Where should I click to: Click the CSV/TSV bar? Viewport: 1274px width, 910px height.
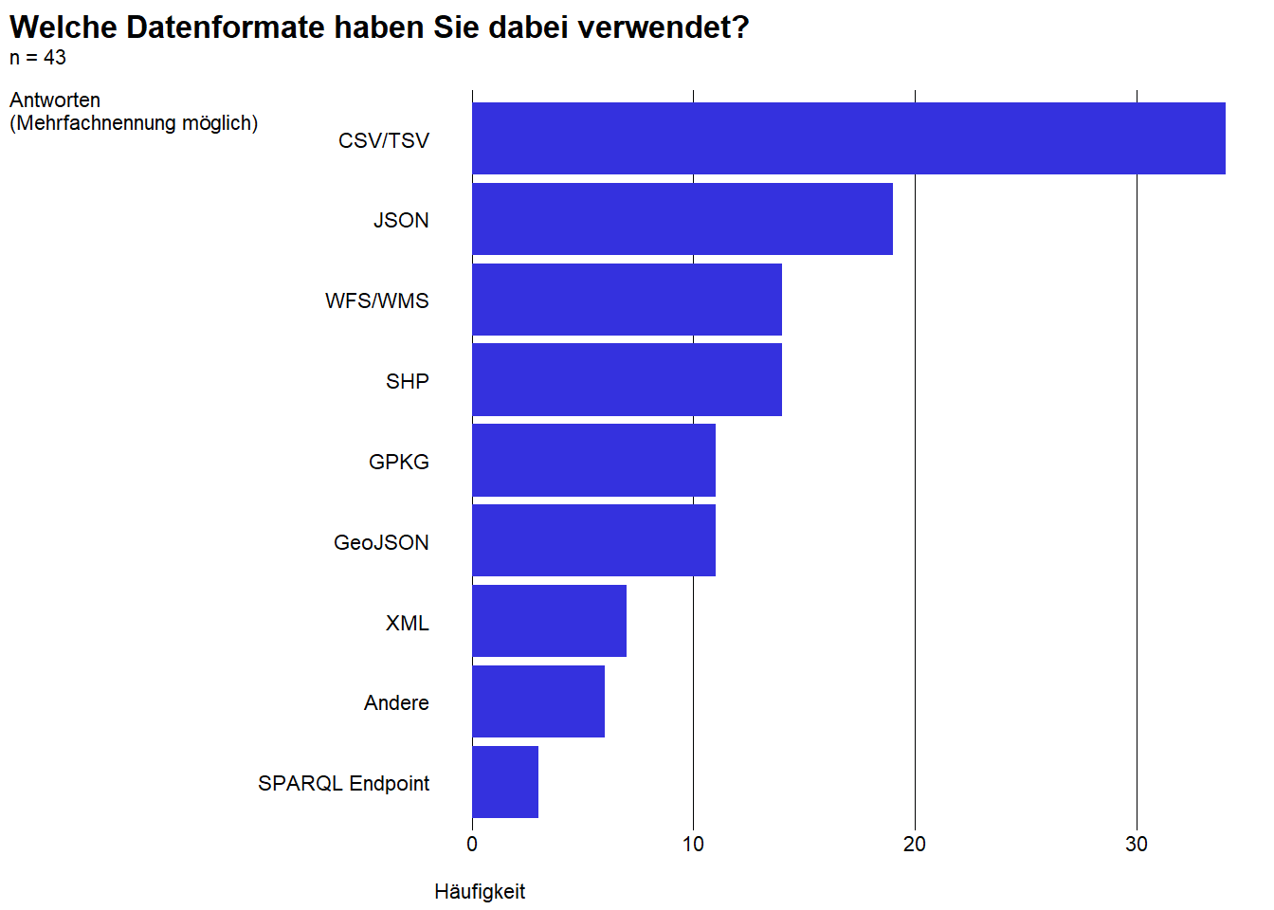coord(848,138)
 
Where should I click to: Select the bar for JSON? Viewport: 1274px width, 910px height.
coord(682,219)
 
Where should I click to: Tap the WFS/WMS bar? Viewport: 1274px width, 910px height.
coord(628,300)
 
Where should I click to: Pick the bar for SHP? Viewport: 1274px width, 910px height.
coord(628,380)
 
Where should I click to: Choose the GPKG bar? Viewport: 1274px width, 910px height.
coord(593,460)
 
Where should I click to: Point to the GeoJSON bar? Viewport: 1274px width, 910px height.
coord(593,540)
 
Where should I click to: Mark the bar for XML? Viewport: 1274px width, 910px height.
coord(550,621)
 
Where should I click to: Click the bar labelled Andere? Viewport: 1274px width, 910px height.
coord(538,701)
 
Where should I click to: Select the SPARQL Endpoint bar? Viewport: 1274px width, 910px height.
coord(505,782)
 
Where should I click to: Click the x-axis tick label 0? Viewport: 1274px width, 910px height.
coord(472,844)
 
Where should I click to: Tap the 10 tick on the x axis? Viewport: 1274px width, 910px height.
coord(693,844)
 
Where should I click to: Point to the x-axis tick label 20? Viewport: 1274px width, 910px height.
coord(915,844)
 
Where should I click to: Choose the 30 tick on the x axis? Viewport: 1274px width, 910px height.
coord(1137,844)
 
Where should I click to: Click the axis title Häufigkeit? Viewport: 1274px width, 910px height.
coord(480,892)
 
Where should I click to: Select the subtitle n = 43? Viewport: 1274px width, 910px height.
coord(38,58)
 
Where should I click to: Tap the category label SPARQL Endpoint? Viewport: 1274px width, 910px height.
coord(343,784)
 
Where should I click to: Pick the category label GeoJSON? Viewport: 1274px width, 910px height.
coord(381,542)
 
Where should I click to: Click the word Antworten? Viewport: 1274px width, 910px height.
coord(55,100)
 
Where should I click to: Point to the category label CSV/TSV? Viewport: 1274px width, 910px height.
coord(384,140)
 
